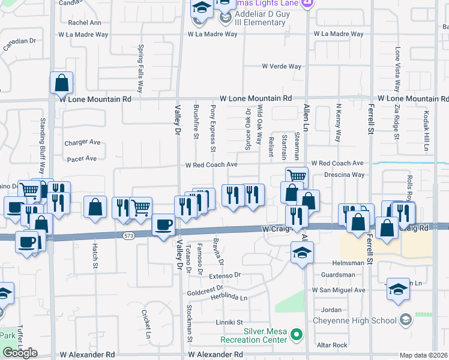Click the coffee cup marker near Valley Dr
coord(163,225)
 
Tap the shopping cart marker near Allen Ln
coord(297,176)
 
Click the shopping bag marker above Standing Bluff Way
coord(62,82)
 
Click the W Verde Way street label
coord(282,66)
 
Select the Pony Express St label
coord(213,128)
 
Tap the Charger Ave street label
coord(83,143)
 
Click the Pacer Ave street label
coord(82,159)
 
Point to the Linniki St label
coord(229,322)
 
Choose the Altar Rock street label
coord(332,345)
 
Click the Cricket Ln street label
coord(147,323)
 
